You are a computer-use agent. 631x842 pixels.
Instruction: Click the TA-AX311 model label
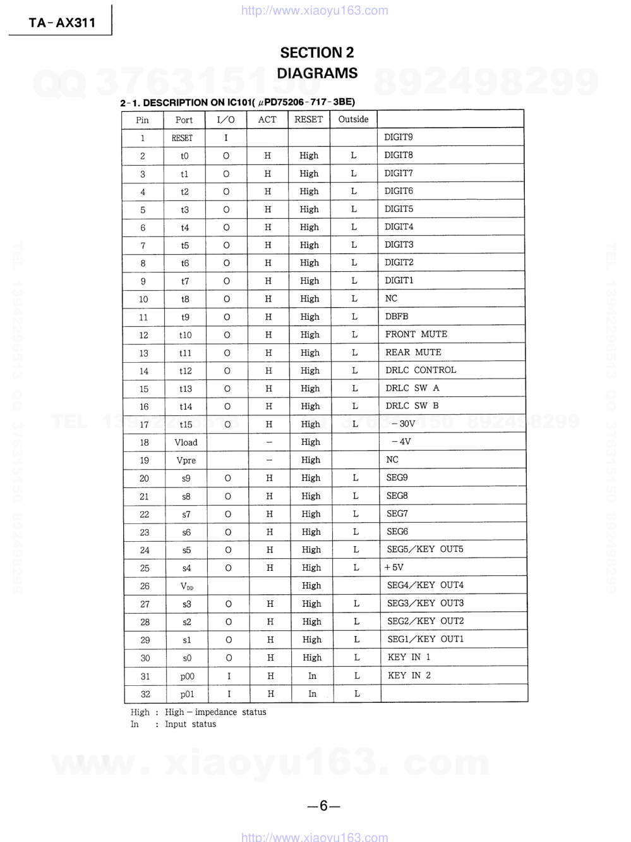pos(62,23)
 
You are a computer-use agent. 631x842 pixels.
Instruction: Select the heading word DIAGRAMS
pos(317,73)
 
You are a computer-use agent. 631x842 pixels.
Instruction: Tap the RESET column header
pos(308,119)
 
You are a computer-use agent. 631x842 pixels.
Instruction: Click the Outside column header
pos(353,119)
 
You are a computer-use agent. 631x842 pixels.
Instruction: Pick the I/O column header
pos(225,119)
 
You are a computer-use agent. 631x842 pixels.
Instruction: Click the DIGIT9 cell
pos(399,137)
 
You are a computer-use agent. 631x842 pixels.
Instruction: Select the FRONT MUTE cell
pos(416,334)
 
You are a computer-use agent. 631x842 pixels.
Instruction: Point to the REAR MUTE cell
pos(413,352)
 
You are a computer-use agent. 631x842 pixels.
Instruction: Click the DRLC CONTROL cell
pos(421,370)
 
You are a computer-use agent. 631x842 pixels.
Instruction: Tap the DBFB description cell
pos(397,316)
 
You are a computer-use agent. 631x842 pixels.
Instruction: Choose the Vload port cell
pos(186,442)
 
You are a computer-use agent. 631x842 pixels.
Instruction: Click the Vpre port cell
pos(186,460)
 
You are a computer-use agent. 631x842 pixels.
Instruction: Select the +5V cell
pos(394,568)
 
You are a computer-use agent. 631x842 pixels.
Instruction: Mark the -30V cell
pos(403,424)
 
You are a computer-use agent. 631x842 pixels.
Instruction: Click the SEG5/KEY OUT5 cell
pos(425,549)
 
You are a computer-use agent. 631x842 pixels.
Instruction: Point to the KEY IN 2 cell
pos(409,676)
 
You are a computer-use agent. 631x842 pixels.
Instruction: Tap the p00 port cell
pos(187,676)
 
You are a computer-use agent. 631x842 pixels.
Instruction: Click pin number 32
pos(145,694)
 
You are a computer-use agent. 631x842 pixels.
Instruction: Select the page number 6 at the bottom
pos(323,805)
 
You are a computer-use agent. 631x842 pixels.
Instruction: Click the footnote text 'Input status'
pos(190,724)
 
